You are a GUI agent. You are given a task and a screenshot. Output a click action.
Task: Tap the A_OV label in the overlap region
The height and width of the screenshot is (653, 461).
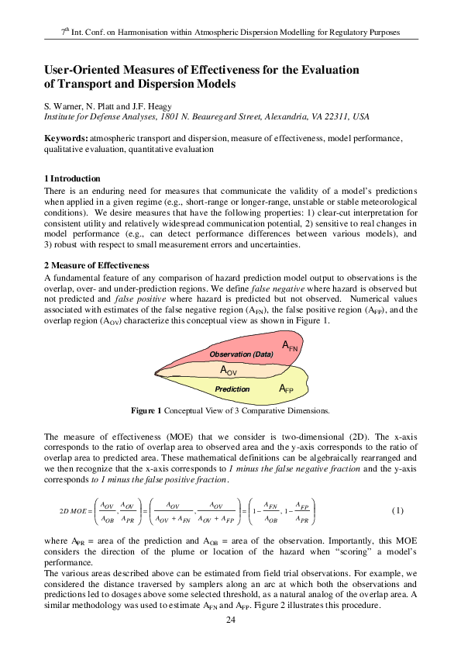coord(229,371)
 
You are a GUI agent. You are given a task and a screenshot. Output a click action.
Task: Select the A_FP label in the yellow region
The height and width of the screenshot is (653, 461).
coord(287,388)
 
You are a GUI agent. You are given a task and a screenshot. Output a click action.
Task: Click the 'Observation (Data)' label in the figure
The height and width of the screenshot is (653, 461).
coord(241,354)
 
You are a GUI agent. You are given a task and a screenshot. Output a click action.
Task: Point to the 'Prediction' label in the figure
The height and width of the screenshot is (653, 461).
coord(232,389)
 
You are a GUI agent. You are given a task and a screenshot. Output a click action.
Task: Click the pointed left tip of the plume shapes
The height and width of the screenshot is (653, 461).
coord(156,375)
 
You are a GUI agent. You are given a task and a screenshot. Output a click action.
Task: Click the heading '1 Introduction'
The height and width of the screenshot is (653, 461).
coord(73,178)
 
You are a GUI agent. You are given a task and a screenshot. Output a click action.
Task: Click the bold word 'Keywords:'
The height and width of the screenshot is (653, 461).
coord(66,138)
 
